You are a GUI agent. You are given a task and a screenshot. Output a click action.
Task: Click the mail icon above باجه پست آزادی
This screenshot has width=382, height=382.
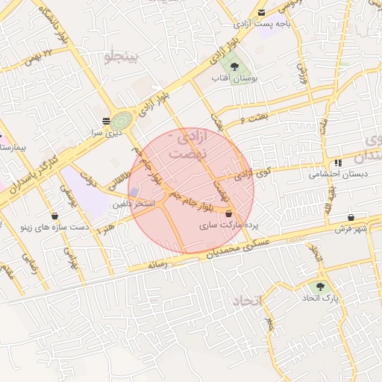coord(261,13)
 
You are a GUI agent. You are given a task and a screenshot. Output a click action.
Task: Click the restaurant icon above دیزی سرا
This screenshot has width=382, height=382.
coord(106,119)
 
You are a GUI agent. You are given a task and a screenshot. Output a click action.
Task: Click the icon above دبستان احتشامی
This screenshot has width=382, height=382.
coord(338,163)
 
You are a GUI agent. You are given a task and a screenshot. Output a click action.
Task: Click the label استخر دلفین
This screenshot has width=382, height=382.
coord(134,204)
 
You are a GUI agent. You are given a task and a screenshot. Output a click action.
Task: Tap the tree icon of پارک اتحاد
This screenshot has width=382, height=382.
coord(321,286)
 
